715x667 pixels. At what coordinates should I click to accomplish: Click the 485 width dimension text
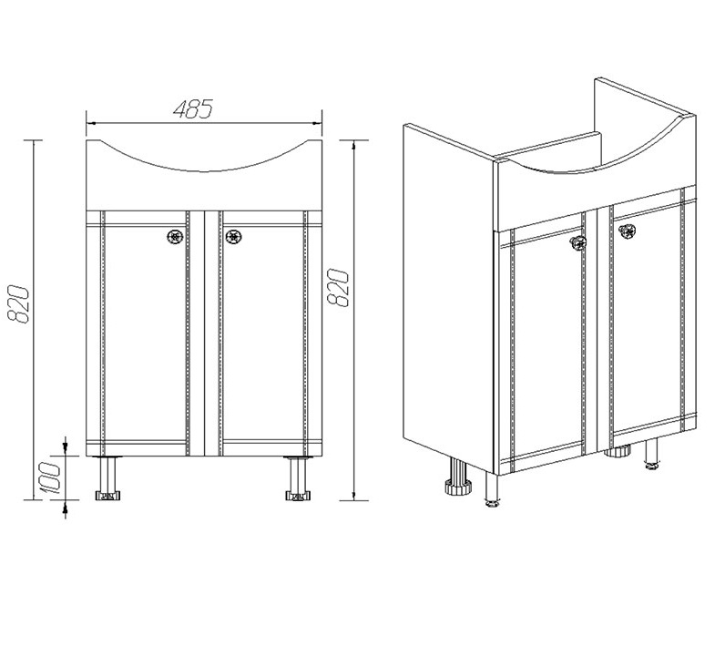[193, 109]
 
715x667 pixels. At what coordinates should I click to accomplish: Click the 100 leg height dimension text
[50, 477]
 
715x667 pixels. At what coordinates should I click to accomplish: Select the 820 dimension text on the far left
[19, 304]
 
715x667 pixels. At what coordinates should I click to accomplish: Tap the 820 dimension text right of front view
[338, 287]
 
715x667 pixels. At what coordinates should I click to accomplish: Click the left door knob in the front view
[175, 236]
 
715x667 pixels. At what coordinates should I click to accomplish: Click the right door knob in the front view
[233, 236]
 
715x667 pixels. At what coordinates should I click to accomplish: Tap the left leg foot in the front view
[108, 496]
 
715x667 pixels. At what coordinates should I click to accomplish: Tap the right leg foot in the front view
[297, 496]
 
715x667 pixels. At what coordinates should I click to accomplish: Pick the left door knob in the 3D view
[578, 243]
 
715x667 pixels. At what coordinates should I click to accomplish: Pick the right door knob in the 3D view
[627, 231]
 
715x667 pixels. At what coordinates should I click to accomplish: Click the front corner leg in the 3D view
[492, 489]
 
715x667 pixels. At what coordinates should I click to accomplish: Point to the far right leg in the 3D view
[651, 453]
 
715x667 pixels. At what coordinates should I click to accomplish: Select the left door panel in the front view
[145, 333]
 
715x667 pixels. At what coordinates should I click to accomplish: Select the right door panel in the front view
[263, 333]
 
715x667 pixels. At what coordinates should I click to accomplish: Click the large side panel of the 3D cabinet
[449, 296]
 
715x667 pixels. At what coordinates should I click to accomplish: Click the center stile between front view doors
[204, 333]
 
